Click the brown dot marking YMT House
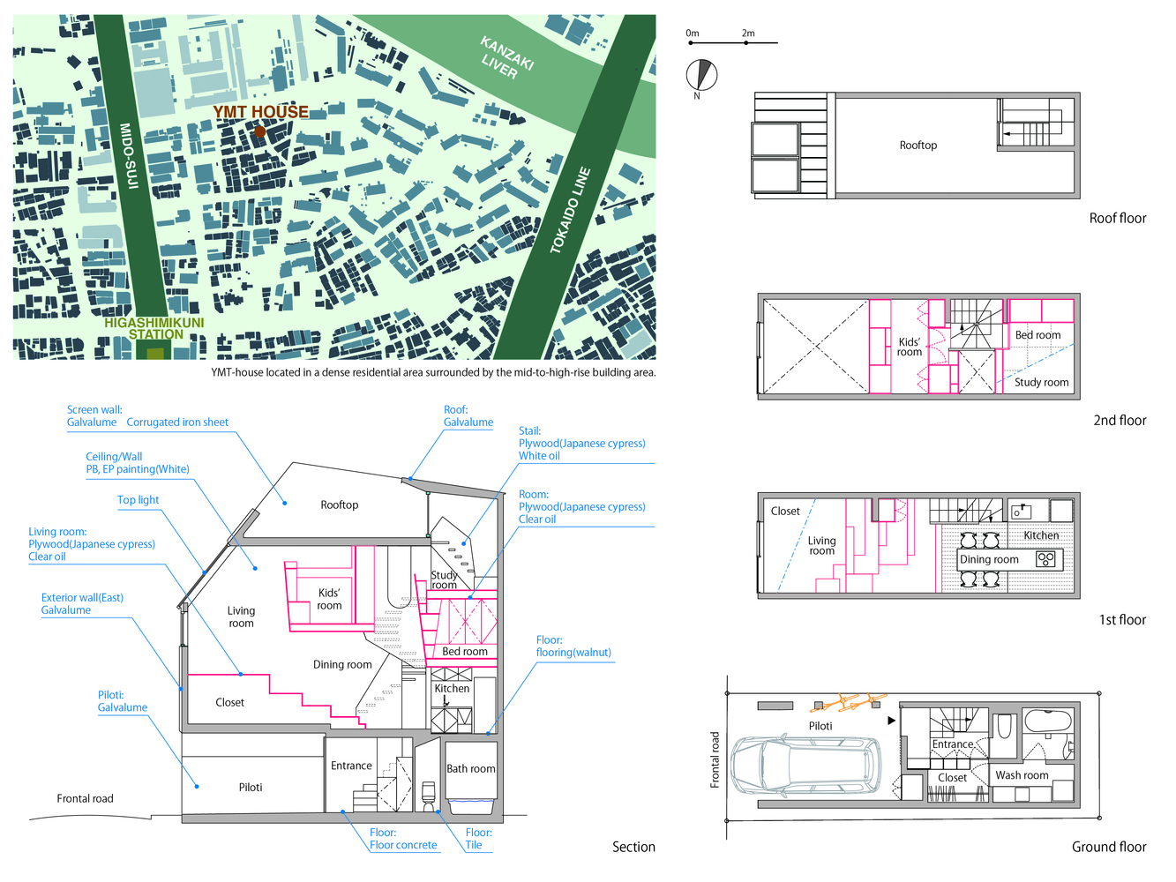[x=260, y=131]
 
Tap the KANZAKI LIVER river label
[x=506, y=58]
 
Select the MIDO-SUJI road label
[x=129, y=155]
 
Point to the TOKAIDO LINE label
[x=571, y=211]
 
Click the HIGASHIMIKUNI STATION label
[x=154, y=329]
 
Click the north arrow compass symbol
[x=701, y=75]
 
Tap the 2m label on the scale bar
[x=748, y=34]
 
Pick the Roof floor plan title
[x=1118, y=218]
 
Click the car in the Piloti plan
[x=805, y=764]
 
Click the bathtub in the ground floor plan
[x=1048, y=721]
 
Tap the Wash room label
[x=1022, y=775]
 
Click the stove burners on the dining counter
[x=1045, y=559]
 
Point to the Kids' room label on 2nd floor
[x=910, y=347]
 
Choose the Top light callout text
[x=139, y=499]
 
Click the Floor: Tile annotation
[x=478, y=839]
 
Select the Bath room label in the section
[x=471, y=768]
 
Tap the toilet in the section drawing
[x=428, y=796]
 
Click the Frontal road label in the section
[x=86, y=798]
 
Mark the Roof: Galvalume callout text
[x=468, y=415]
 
